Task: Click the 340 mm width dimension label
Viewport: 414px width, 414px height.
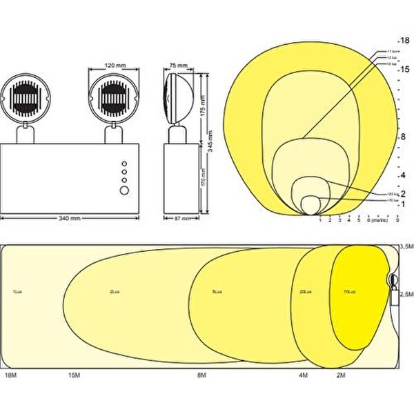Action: (71, 218)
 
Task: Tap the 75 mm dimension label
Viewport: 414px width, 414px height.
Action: (178, 66)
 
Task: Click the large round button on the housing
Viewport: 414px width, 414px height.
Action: (125, 189)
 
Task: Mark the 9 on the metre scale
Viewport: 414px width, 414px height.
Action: (398, 220)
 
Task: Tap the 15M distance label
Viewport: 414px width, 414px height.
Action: (75, 375)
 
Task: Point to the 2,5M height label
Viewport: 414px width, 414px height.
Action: (406, 295)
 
